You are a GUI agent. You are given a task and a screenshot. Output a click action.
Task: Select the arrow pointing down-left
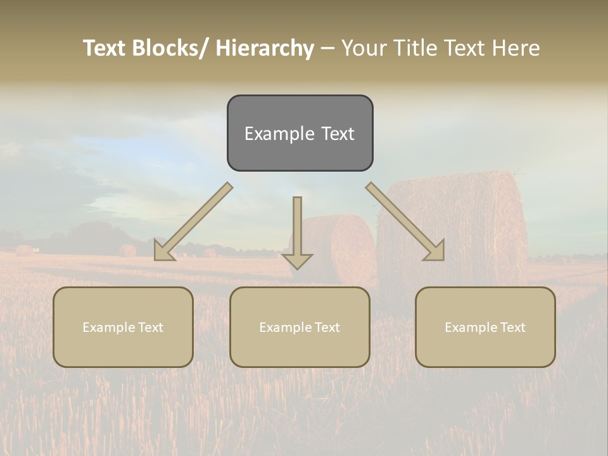(193, 221)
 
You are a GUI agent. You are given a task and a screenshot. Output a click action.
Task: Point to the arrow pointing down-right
(406, 221)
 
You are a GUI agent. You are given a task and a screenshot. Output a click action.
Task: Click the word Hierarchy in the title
(265, 48)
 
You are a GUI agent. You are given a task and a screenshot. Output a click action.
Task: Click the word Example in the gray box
(279, 134)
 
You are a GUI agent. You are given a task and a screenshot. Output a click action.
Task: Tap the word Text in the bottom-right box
(512, 327)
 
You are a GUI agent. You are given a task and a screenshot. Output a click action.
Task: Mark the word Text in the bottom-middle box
(326, 327)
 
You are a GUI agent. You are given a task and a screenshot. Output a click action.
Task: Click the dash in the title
(327, 48)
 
